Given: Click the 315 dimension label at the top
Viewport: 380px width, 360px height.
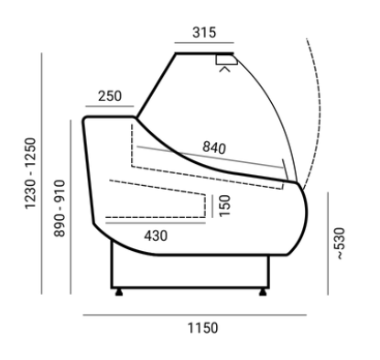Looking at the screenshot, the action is coord(204,32).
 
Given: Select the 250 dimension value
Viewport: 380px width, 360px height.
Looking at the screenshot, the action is coord(110,96).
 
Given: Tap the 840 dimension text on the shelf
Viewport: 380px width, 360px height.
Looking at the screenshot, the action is coord(214,147).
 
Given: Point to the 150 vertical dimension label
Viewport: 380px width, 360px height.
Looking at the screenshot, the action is coord(224,205).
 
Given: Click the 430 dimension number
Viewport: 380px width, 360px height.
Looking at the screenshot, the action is coord(156,235).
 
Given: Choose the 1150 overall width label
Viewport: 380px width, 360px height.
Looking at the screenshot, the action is coord(202,328).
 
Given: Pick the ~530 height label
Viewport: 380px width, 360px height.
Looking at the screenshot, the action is coord(340,244).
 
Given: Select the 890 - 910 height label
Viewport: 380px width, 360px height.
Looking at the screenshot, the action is coord(60,208).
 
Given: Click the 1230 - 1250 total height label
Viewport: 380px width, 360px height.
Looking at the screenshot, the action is coord(30,173).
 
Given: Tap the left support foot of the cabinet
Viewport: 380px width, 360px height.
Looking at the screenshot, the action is coord(119,292).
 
